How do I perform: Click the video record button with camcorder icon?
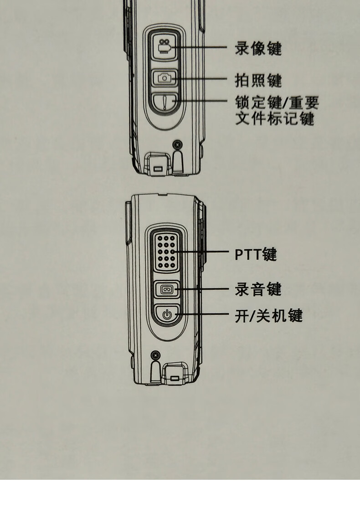(x=164, y=47)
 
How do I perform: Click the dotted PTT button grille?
(x=166, y=252)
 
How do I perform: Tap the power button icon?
(x=167, y=314)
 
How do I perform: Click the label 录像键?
(x=258, y=48)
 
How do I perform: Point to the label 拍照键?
(x=258, y=80)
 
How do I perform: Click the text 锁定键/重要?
(x=277, y=102)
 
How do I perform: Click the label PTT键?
(x=256, y=254)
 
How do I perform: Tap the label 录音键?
(x=258, y=289)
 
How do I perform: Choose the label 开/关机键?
(x=268, y=315)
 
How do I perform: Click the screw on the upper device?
(x=177, y=145)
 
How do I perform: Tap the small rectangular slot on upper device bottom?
(x=158, y=169)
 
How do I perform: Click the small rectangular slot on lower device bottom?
(x=174, y=378)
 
